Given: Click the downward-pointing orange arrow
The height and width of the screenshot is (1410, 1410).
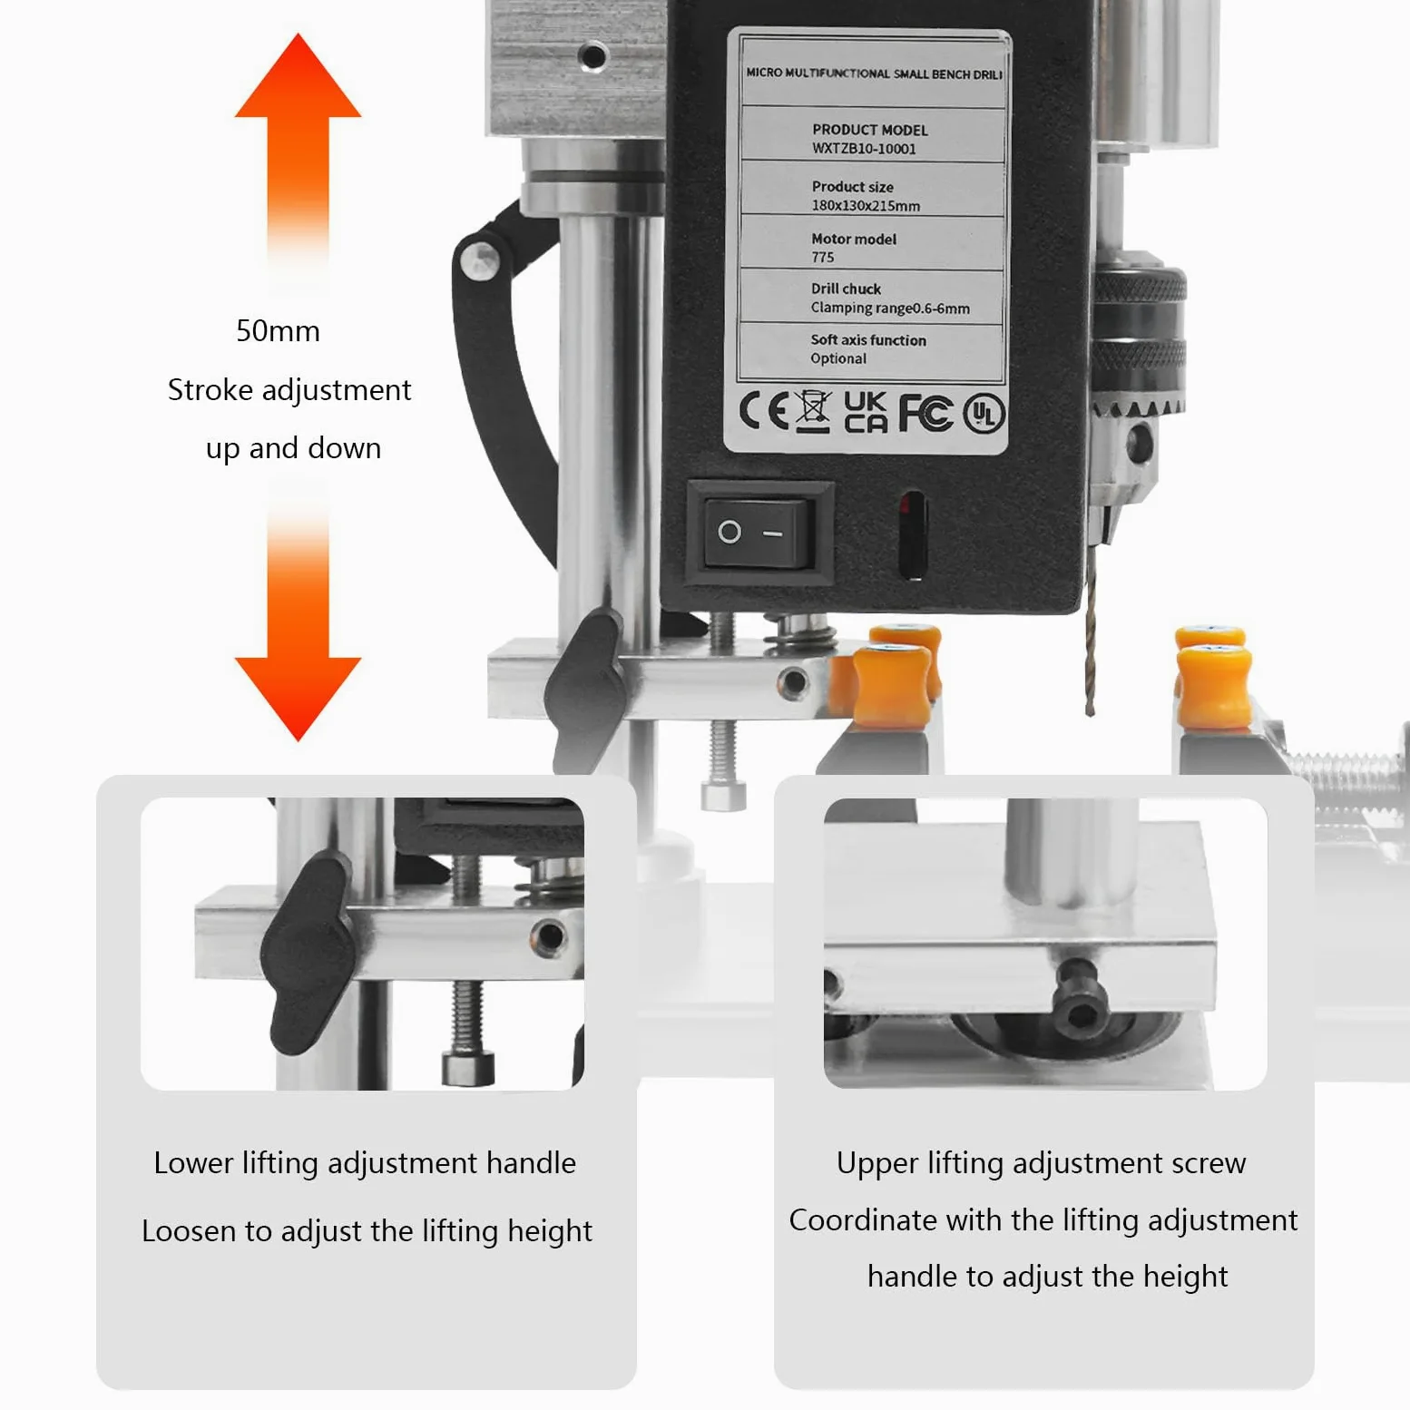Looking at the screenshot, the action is [x=298, y=617].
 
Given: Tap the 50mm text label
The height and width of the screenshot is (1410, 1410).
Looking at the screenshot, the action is [x=278, y=331].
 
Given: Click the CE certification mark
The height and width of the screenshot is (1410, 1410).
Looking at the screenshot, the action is [x=764, y=411].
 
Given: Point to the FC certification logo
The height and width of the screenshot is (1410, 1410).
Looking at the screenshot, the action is [x=925, y=413].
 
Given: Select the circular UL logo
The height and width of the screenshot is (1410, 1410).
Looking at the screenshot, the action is [x=984, y=415].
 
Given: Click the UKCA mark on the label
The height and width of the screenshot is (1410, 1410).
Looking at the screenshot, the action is [x=866, y=411].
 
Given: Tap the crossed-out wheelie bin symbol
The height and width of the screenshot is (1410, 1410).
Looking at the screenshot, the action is [x=813, y=411].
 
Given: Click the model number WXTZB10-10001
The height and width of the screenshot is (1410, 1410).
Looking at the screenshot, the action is [x=864, y=149].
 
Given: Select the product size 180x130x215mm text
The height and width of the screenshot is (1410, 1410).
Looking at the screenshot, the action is [x=866, y=206].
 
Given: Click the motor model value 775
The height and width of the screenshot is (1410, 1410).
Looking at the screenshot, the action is [x=823, y=258].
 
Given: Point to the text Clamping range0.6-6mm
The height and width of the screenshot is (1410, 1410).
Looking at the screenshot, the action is [x=890, y=308].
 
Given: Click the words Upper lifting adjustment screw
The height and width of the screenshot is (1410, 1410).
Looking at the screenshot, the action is [x=1042, y=1163].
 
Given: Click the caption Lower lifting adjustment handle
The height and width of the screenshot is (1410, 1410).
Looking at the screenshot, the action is [x=365, y=1163].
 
